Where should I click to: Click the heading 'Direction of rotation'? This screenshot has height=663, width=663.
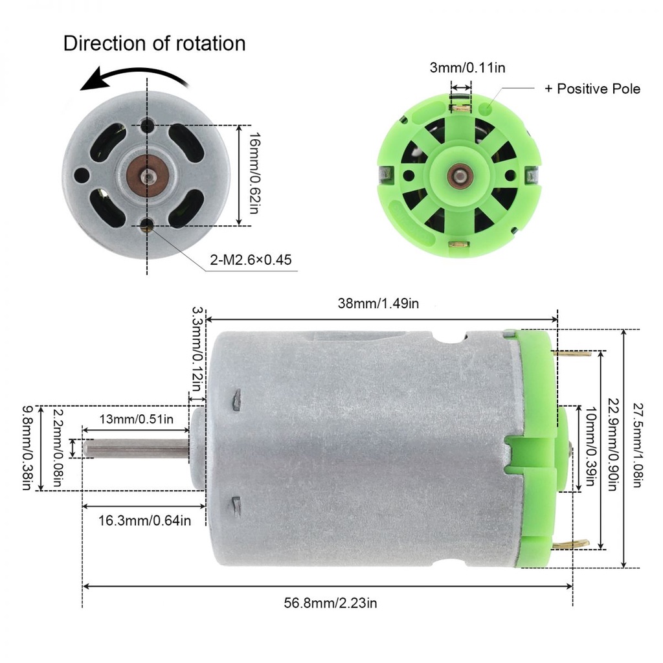point(154,43)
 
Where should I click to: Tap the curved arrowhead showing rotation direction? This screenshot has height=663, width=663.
point(91,82)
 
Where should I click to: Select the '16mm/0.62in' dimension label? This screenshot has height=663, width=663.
point(255,174)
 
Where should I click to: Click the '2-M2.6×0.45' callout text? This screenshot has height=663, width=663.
point(251,260)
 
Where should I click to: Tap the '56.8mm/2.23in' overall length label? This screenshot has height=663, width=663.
point(330,603)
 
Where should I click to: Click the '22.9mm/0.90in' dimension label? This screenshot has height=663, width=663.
point(613,447)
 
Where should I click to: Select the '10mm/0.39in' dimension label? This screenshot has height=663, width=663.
point(590,449)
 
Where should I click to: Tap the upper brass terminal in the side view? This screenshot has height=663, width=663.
point(573,354)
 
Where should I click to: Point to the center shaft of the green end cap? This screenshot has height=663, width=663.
point(459,175)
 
